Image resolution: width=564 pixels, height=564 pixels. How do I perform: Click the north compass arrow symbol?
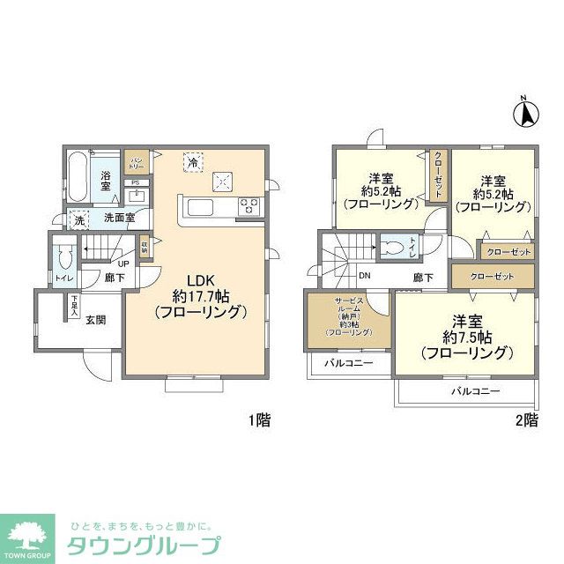(x=521, y=112)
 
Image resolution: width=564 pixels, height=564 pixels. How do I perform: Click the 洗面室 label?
(x=119, y=218)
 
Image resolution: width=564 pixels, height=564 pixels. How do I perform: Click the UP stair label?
(x=124, y=263)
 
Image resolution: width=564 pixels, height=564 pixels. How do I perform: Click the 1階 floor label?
(x=258, y=420)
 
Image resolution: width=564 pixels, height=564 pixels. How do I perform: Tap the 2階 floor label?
(x=525, y=420)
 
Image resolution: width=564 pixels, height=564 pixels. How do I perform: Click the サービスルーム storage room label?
(x=348, y=317)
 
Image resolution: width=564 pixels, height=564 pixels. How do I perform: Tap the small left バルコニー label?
(x=347, y=363)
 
